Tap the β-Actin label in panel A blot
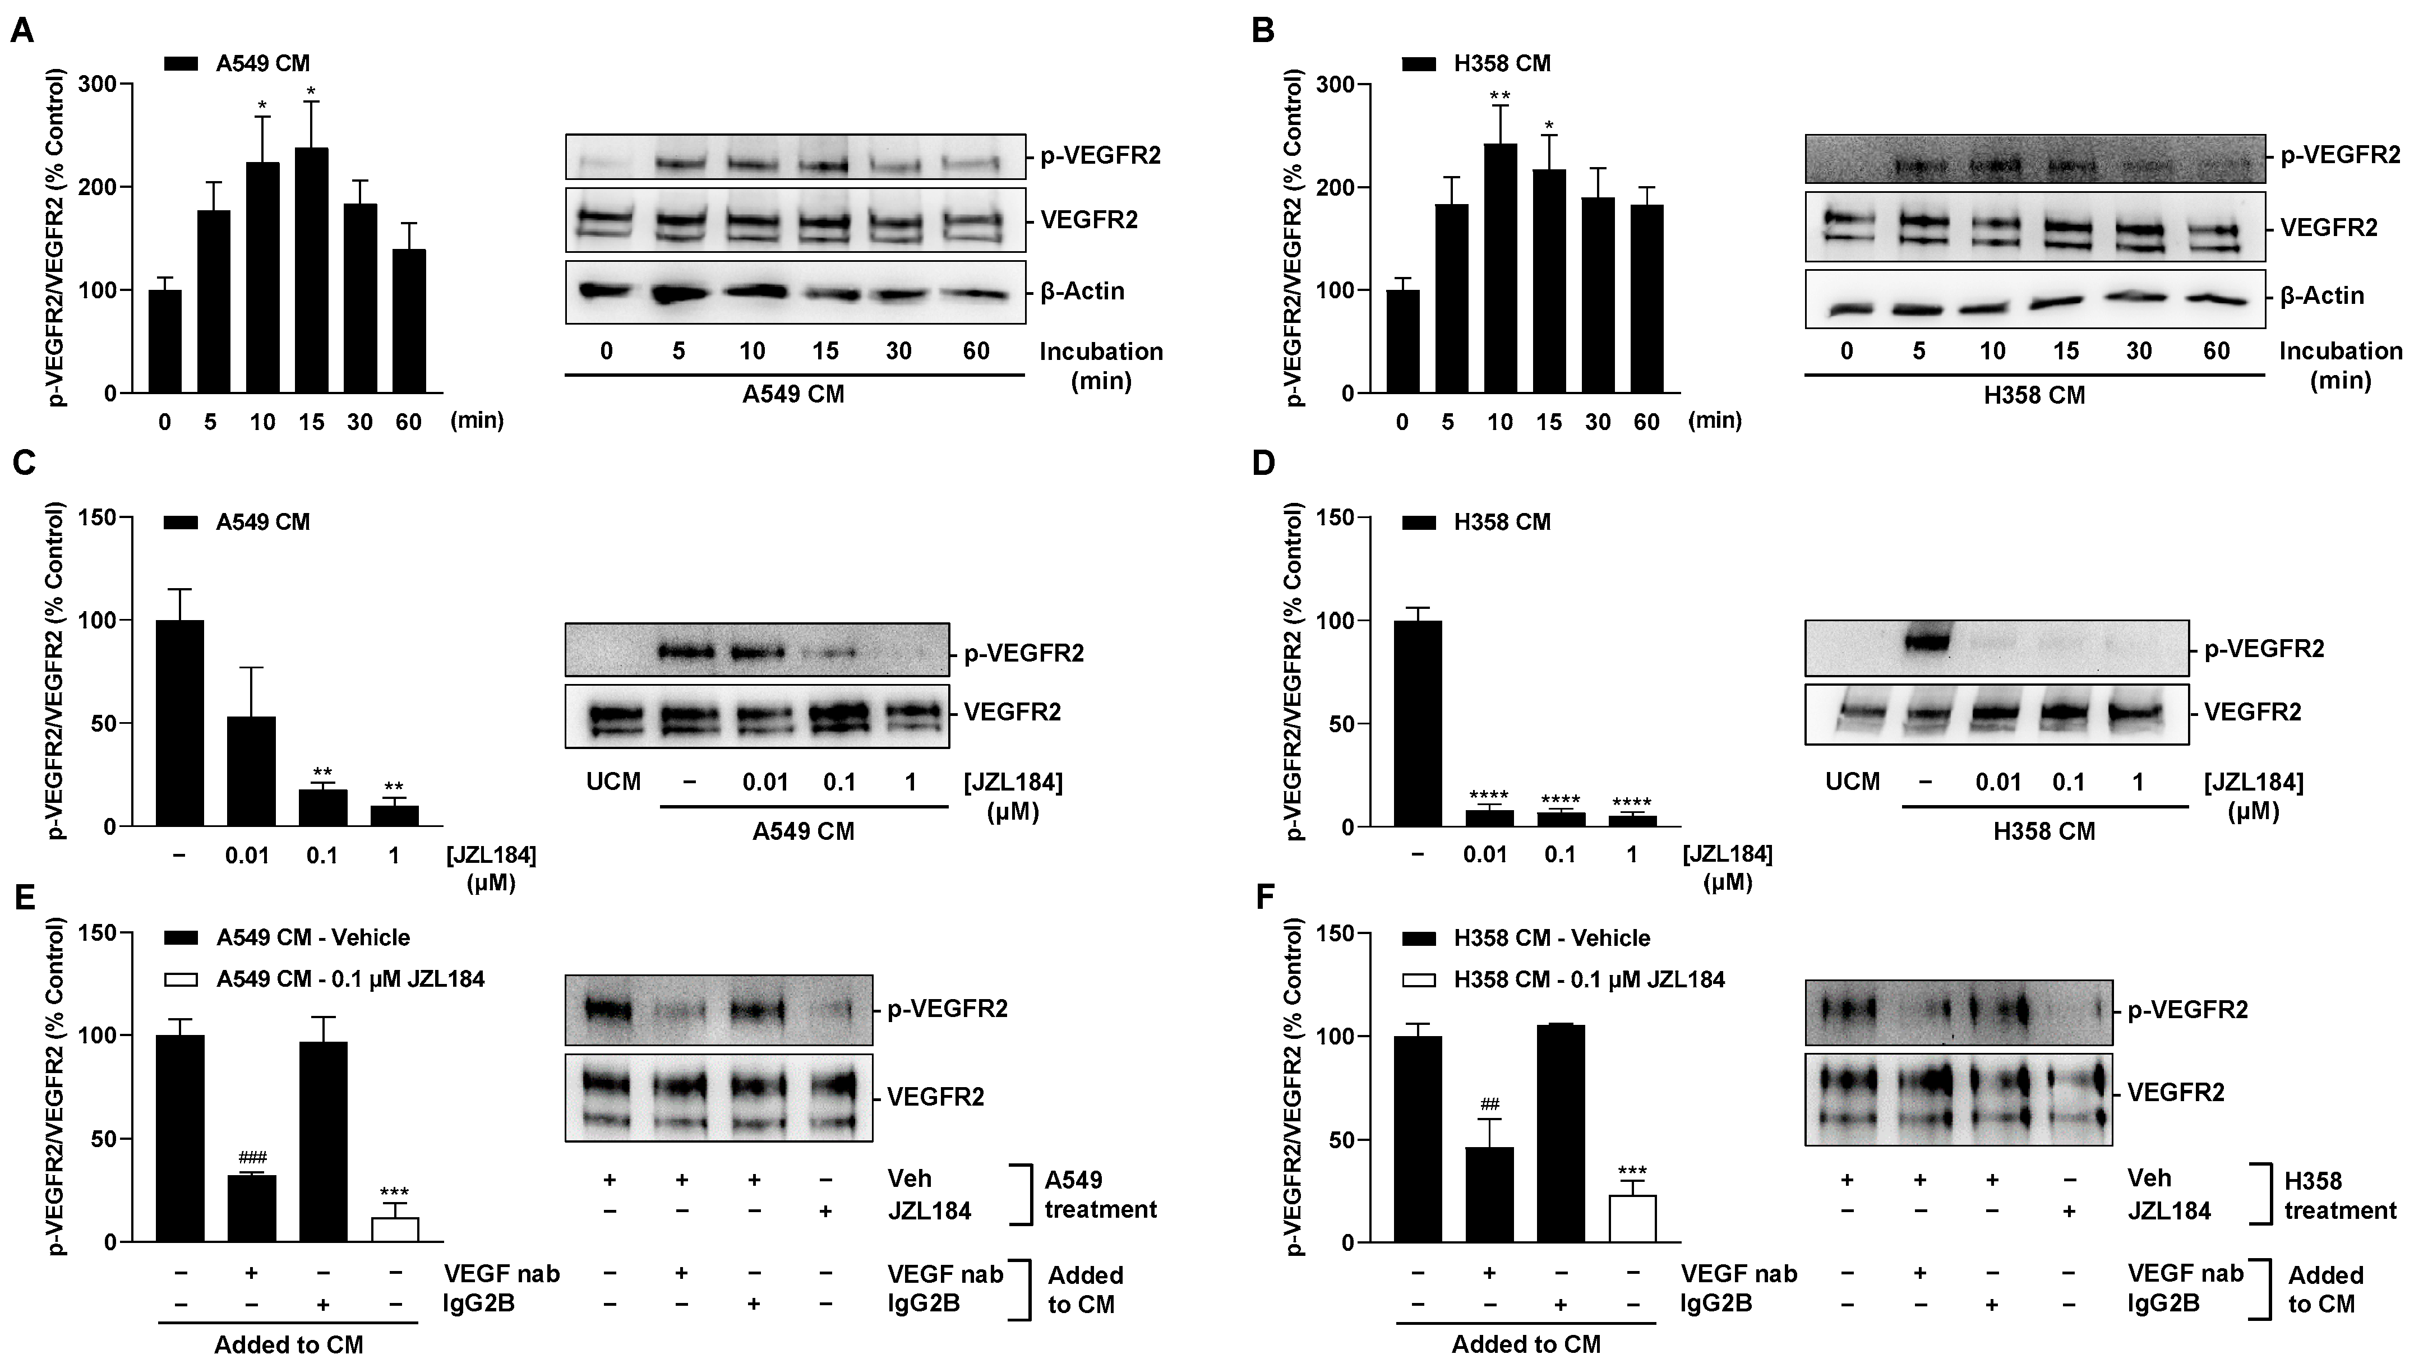pyautogui.click(x=1082, y=292)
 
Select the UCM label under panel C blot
pyautogui.click(x=613, y=782)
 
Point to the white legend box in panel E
pyautogui.click(x=181, y=979)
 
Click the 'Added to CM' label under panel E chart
pyautogui.click(x=288, y=1344)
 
